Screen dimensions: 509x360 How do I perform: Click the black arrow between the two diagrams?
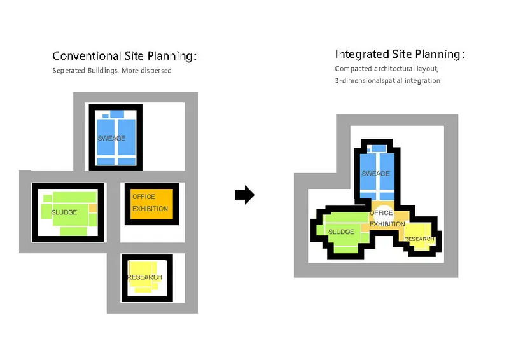coord(244,195)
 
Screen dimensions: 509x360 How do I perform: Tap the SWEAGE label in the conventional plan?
coord(111,138)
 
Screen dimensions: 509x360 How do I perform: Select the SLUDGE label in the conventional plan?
coord(64,212)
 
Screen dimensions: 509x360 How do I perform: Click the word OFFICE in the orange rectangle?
coord(144,197)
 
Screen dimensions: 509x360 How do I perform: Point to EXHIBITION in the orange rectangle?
coord(150,209)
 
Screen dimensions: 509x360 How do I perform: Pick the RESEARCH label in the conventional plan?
coord(144,277)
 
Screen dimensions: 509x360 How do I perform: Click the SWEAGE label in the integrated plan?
coord(375,174)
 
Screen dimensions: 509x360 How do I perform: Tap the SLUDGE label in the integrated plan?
coord(341,232)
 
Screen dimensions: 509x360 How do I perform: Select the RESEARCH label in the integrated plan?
coord(419,239)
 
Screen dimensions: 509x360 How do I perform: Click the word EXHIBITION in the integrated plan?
coord(387,225)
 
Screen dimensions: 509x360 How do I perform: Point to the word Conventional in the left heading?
coord(87,56)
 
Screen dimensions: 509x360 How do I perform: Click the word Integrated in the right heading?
coord(362,54)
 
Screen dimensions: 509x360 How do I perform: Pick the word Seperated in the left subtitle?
coord(69,71)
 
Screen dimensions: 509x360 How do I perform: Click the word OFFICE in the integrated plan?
coord(381,213)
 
